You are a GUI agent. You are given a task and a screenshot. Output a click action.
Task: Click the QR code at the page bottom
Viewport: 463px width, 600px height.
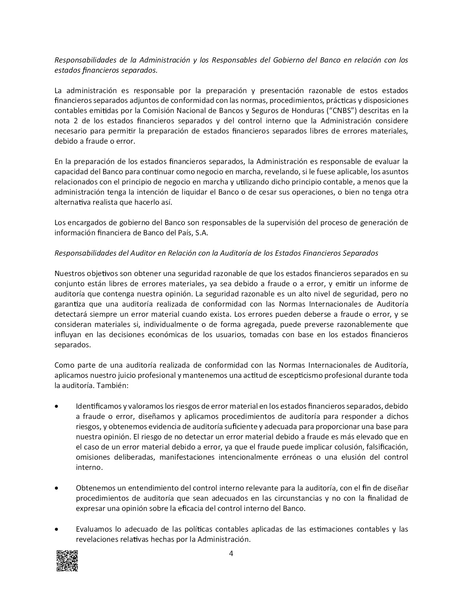(67, 560)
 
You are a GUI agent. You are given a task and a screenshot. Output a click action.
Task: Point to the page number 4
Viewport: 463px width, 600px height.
(231, 553)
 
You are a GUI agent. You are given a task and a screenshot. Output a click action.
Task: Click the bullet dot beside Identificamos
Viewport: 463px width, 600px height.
(56, 406)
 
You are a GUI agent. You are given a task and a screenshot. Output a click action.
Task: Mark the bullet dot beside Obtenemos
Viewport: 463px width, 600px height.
(56, 488)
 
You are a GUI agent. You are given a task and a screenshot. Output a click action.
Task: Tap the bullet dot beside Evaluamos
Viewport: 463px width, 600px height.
(56, 529)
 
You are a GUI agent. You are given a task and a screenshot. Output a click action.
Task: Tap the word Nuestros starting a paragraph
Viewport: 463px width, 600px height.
(68, 273)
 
